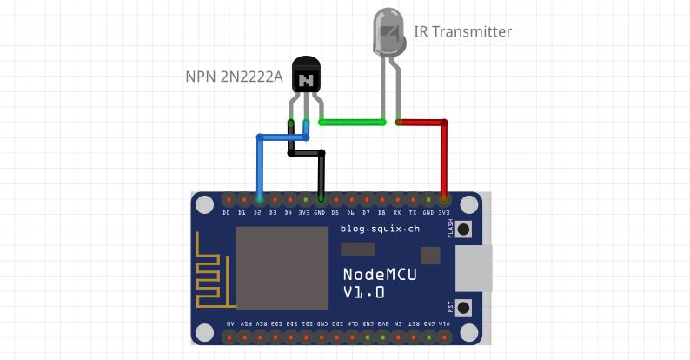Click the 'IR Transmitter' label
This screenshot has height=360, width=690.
pyautogui.click(x=463, y=32)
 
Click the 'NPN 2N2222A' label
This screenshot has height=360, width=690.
pyautogui.click(x=234, y=77)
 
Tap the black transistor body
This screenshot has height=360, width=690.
pyautogui.click(x=305, y=79)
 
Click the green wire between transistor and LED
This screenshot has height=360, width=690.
pyautogui.click(x=352, y=123)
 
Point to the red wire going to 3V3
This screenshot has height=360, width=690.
pyautogui.click(x=444, y=157)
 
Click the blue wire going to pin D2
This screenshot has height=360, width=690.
pyautogui.click(x=258, y=165)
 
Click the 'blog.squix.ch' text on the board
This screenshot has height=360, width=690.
pyautogui.click(x=380, y=230)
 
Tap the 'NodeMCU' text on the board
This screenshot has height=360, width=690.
pyautogui.click(x=380, y=275)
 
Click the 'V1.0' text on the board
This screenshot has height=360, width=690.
pyautogui.click(x=363, y=293)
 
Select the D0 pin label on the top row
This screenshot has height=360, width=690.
pyautogui.click(x=226, y=213)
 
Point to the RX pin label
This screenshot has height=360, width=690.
pyautogui.click(x=397, y=213)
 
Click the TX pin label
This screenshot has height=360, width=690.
pyautogui.click(x=413, y=213)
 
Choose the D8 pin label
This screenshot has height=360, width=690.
pyautogui.click(x=381, y=213)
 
